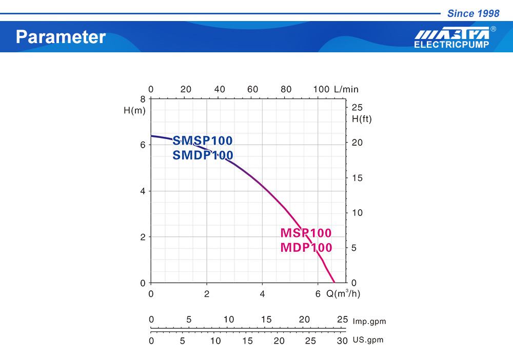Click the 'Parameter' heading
pos(61,37)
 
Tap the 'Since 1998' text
pos(473,14)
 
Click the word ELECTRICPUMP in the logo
pos(451,45)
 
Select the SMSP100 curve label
pos(203,141)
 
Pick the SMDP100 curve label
pos(203,155)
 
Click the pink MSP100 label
pos(306,233)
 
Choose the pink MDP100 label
pos(306,248)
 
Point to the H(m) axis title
pos(134,111)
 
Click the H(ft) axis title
pos(361,119)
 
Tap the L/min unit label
pos(346,89)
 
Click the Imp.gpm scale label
pos(369,322)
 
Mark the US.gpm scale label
pos(368,340)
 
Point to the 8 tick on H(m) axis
pos(143,98)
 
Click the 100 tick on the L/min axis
pos(321,89)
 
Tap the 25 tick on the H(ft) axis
pos(357,107)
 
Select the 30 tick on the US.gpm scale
pos(342,341)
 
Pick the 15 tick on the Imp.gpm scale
pos(266,319)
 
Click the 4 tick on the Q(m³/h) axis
pos(262,294)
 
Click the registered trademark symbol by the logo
pos(494,29)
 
